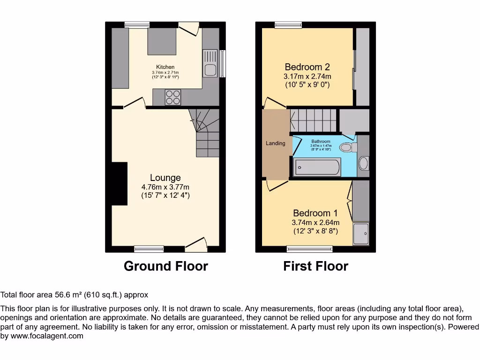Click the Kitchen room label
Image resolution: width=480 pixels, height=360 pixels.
point(165,67)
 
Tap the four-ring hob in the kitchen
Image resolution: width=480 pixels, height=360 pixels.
point(172,97)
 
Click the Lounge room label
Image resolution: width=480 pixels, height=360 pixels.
point(165,178)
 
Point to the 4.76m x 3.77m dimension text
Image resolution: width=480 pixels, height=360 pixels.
point(165,187)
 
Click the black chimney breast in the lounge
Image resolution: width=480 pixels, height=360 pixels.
point(120,183)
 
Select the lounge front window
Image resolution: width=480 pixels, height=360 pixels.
point(149,248)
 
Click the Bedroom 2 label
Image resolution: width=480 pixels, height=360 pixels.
point(307,67)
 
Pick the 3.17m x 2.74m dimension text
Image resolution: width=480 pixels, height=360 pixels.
point(307,76)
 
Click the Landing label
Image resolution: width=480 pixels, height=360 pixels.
point(276,143)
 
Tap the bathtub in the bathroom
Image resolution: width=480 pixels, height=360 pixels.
point(317,168)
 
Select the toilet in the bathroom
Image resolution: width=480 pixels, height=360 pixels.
point(347,147)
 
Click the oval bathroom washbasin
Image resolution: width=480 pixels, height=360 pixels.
point(363,163)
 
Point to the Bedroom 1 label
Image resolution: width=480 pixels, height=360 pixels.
point(315,213)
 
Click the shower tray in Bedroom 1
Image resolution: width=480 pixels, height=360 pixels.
point(361,234)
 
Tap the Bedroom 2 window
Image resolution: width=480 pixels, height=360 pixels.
point(288,25)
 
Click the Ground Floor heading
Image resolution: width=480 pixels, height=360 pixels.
point(165,266)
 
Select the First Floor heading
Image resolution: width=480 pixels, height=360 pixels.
point(315,266)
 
